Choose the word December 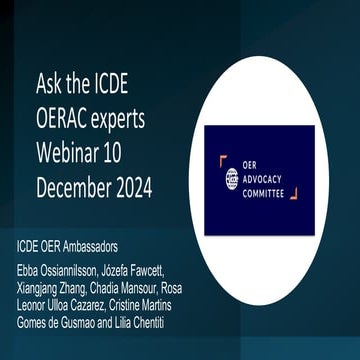[x=77, y=189]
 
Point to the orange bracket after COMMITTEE [x=292, y=193]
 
